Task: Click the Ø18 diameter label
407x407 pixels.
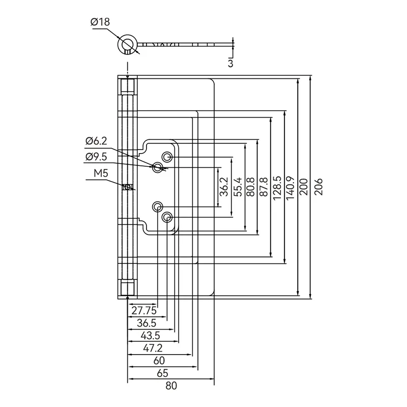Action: point(100,22)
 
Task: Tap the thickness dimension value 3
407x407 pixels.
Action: point(230,63)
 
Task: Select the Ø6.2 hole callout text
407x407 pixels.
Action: point(96,141)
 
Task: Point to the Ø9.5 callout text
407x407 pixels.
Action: point(96,157)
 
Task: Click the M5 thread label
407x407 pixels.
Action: point(101,173)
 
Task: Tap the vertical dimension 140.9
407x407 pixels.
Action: point(290,188)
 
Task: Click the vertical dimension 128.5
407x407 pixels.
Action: point(277,188)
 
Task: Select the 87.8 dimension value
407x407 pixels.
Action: point(264,187)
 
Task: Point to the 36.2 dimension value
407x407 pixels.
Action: point(223,187)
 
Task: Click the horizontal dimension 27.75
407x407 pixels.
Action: point(144,311)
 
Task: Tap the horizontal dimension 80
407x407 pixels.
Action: point(171,386)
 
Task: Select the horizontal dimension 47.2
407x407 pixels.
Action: point(153,348)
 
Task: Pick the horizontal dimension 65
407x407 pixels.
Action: point(163,373)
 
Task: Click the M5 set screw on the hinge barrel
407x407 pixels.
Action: point(127,187)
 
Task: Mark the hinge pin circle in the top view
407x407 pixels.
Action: point(127,43)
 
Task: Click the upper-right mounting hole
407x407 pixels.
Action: point(167,157)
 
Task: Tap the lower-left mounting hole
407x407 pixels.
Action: point(158,207)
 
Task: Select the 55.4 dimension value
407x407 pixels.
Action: point(237,187)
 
